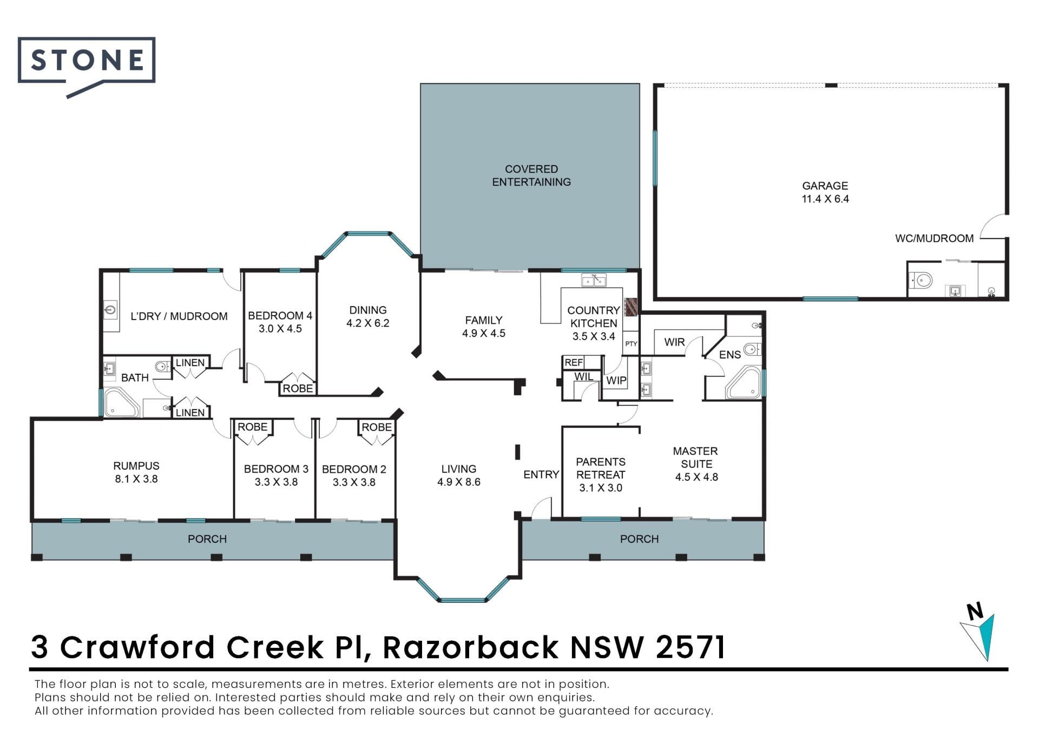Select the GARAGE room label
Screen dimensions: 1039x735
point(825,186)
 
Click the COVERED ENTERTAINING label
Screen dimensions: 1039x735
point(531,175)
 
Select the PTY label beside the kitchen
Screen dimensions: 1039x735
point(631,344)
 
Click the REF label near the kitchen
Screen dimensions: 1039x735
point(574,362)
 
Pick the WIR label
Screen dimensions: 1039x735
point(674,342)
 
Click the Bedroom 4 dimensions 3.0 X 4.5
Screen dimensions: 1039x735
point(280,329)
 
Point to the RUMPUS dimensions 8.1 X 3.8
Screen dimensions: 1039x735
point(136,479)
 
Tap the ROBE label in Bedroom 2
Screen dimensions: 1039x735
point(377,427)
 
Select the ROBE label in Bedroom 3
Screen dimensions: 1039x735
point(253,427)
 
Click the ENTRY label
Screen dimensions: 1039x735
point(541,474)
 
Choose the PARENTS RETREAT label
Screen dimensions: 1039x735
point(601,468)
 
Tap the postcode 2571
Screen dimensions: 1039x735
point(690,647)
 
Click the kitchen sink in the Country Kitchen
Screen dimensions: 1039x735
point(594,280)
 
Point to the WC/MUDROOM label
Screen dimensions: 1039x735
point(934,238)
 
